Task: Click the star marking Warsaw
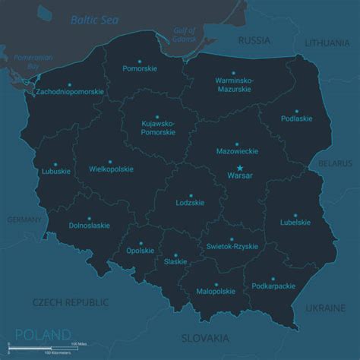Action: click(x=240, y=168)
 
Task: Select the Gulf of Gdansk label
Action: click(x=185, y=34)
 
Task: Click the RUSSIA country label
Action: click(x=254, y=39)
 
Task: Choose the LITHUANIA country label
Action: click(x=327, y=43)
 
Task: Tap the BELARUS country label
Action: click(x=335, y=163)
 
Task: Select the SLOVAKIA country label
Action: click(x=205, y=338)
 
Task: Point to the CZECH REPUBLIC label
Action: click(x=70, y=302)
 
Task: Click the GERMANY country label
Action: click(x=24, y=219)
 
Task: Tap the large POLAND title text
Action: click(x=43, y=335)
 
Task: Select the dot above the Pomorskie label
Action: click(x=140, y=59)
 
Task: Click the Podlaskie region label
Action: click(x=296, y=118)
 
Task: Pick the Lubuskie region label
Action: click(x=56, y=171)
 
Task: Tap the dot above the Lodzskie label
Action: click(x=190, y=194)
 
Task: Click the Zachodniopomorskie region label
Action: click(x=69, y=92)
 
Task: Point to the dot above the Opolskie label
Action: click(x=141, y=241)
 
